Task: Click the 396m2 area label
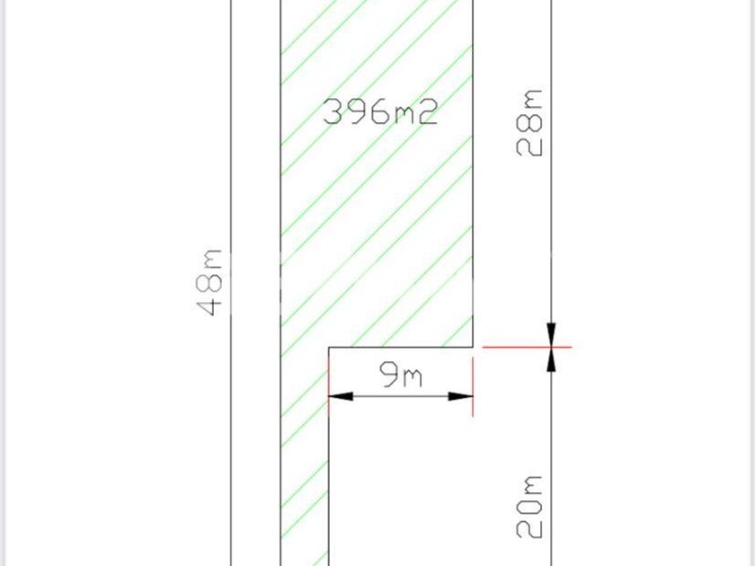(380, 111)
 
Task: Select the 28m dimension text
(529, 123)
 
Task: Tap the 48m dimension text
(209, 282)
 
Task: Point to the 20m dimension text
(529, 507)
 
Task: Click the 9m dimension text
(401, 376)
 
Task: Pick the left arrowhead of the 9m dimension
(341, 396)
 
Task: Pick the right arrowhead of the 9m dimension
(461, 396)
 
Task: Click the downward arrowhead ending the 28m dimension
(551, 334)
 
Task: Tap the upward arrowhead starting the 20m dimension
(551, 359)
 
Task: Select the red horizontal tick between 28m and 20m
(527, 347)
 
